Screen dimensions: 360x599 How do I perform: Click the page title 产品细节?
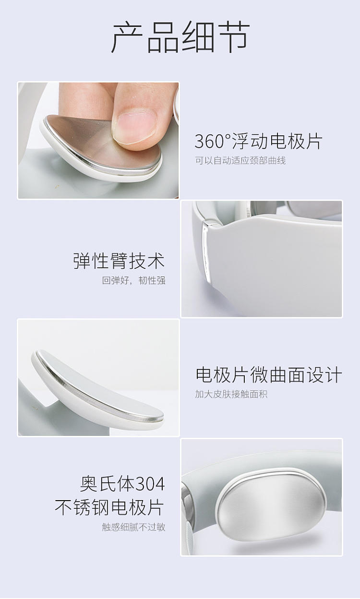pyautogui.click(x=181, y=37)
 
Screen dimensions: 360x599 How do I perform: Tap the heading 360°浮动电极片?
pyautogui.click(x=258, y=141)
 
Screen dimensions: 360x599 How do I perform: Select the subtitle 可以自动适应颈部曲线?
pyautogui.click(x=240, y=160)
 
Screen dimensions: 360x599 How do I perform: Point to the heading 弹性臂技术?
pyautogui.click(x=119, y=261)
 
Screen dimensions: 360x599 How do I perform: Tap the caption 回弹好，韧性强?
pyautogui.click(x=133, y=280)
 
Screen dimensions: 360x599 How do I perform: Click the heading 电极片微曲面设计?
pyautogui.click(x=268, y=375)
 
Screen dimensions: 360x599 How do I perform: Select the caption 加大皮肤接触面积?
pyautogui.click(x=231, y=394)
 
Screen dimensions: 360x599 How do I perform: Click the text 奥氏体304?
pyautogui.click(x=122, y=483)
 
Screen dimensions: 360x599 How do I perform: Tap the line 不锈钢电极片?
pyautogui.click(x=109, y=507)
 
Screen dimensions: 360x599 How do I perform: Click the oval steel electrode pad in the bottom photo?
pyautogui.click(x=271, y=504)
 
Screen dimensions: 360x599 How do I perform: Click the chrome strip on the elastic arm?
pyautogui.click(x=206, y=251)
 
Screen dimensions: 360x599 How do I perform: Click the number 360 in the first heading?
pyautogui.click(x=210, y=141)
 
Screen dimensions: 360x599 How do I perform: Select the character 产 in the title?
pyautogui.click(x=127, y=37)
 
